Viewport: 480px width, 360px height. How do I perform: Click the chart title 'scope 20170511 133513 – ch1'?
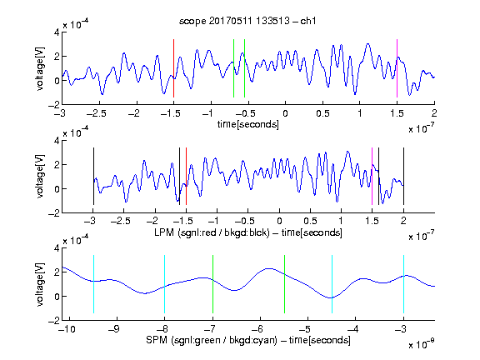tap(247, 21)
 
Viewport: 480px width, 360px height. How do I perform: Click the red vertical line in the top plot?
tap(173, 68)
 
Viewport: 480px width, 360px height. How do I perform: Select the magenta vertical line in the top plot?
tap(397, 68)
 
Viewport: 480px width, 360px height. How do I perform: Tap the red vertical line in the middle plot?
tap(186, 177)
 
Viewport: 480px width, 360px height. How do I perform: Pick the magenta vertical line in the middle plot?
tap(372, 177)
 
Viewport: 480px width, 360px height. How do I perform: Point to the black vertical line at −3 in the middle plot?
tap(93, 177)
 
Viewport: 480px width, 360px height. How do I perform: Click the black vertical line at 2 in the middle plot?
tap(403, 177)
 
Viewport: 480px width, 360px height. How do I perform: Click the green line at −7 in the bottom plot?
tap(212, 284)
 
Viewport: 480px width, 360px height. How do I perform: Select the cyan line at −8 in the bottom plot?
tap(165, 284)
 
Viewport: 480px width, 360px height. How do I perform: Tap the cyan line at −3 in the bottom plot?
tap(403, 284)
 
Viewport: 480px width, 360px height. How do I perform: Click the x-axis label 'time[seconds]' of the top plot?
tap(248, 124)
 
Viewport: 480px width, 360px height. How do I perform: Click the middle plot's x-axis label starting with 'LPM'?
tap(248, 232)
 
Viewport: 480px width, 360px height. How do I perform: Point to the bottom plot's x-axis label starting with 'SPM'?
tap(248, 340)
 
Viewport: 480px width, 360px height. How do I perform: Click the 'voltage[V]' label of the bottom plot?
tap(40, 284)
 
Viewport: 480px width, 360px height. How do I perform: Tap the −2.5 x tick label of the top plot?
tap(96, 113)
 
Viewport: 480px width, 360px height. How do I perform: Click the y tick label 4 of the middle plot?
tap(57, 141)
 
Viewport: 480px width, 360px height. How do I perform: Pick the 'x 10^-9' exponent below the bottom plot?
tap(421, 344)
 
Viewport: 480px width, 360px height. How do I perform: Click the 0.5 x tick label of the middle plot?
tap(310, 221)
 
